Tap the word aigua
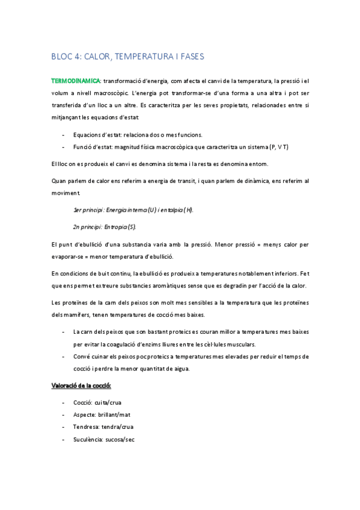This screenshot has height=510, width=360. (178, 369)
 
